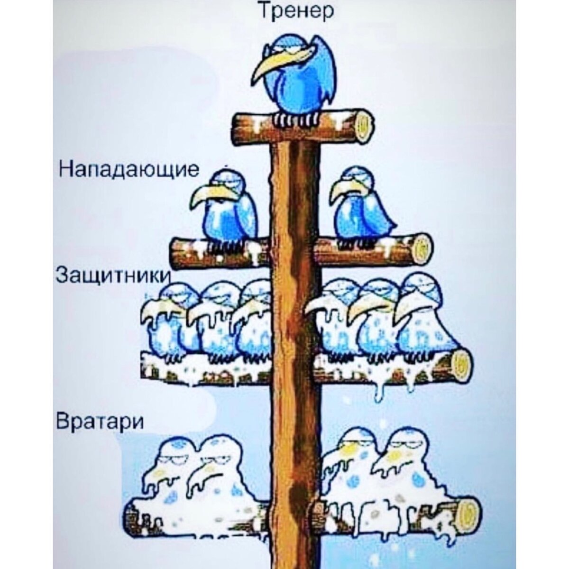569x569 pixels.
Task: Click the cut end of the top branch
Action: [363, 126]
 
